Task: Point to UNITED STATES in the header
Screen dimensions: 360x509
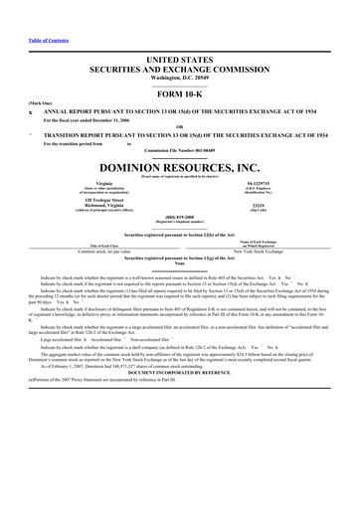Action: (x=180, y=33)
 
